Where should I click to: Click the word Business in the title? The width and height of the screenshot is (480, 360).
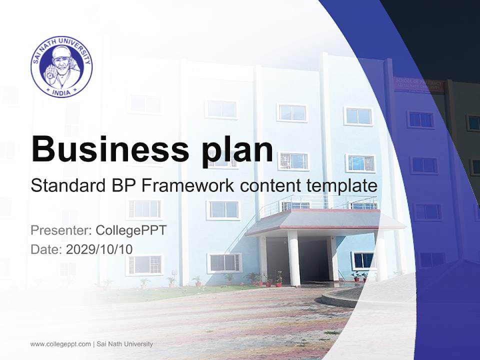105,148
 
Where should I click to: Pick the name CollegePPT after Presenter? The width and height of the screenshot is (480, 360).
130,230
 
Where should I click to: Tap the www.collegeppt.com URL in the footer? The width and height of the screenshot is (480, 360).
60,344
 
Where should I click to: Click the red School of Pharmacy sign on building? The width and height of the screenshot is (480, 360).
418,84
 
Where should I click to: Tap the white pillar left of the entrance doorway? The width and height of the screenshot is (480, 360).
293,257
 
